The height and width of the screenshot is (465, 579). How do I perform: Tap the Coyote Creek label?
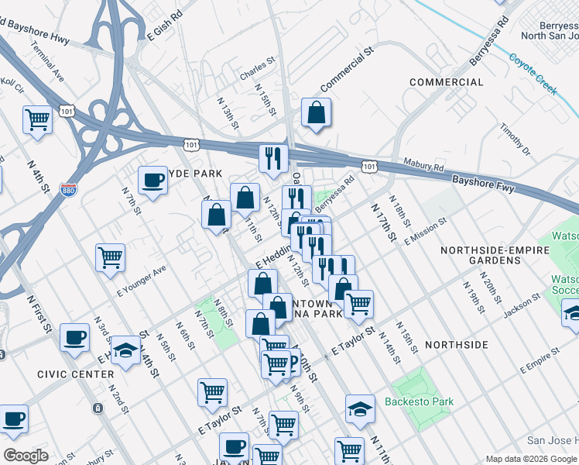[533, 73]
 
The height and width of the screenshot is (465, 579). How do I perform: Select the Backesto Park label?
[419, 402]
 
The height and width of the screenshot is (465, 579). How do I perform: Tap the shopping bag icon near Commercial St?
[316, 113]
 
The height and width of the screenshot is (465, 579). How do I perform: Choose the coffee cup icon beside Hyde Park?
[152, 181]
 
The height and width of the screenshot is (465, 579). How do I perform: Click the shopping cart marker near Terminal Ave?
[37, 120]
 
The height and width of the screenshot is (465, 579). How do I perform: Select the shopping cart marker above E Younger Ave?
[110, 257]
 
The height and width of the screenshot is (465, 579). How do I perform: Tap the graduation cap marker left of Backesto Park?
[359, 408]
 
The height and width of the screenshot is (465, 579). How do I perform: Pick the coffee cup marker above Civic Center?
[75, 338]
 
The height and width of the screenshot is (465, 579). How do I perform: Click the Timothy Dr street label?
[515, 139]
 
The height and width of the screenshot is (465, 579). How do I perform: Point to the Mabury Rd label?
[423, 166]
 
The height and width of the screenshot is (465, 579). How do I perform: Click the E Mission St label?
[426, 231]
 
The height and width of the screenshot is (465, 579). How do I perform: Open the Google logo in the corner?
[26, 456]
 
